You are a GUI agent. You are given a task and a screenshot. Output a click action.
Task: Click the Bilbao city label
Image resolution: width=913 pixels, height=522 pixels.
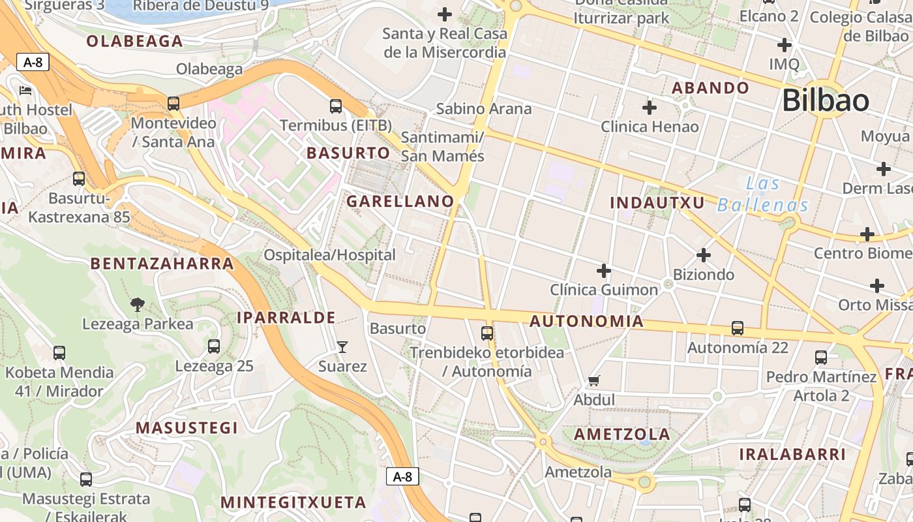click(x=825, y=100)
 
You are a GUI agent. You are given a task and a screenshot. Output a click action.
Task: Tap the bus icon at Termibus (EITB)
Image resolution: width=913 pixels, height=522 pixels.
click(x=336, y=106)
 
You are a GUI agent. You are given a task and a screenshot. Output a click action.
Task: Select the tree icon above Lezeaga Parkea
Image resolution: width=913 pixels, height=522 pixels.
click(x=137, y=303)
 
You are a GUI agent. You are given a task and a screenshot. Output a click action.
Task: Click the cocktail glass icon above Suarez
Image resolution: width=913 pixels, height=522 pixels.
click(x=342, y=347)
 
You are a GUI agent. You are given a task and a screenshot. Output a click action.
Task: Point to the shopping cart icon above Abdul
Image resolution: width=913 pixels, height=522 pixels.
click(x=594, y=380)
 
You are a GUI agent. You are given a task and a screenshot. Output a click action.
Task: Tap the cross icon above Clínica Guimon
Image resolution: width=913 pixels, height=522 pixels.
click(x=604, y=270)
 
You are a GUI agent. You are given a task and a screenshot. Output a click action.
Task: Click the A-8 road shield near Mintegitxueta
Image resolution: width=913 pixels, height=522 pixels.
click(x=402, y=476)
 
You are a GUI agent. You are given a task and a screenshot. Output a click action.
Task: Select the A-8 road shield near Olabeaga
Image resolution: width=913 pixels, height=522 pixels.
click(x=33, y=62)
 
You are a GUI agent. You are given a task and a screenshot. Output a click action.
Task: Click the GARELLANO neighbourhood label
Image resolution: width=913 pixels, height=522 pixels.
click(x=400, y=202)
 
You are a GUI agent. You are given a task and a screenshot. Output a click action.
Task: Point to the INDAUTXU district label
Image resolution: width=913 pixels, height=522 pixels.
click(x=657, y=203)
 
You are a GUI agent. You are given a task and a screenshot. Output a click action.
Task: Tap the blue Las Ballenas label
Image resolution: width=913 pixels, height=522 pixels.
click(x=763, y=194)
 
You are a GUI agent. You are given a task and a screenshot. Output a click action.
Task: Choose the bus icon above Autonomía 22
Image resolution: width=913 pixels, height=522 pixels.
click(x=738, y=328)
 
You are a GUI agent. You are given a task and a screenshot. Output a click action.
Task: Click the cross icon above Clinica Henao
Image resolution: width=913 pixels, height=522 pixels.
click(x=650, y=107)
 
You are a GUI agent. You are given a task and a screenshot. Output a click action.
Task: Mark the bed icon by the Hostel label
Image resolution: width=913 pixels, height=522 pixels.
click(x=25, y=90)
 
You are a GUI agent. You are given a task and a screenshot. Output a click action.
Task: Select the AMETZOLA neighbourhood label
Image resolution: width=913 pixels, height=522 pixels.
click(x=622, y=435)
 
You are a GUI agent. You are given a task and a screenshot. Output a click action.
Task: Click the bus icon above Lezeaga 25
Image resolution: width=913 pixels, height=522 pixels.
click(x=214, y=346)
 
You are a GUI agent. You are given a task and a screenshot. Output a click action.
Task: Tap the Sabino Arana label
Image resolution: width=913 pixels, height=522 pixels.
click(x=484, y=108)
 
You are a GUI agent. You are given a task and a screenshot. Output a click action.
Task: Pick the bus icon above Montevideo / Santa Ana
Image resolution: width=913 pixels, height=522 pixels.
click(x=173, y=103)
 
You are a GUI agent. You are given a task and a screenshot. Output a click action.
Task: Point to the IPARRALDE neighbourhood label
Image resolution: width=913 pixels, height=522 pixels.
click(x=286, y=318)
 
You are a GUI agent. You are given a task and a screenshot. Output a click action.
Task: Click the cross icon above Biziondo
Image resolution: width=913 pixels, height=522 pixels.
click(x=704, y=255)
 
